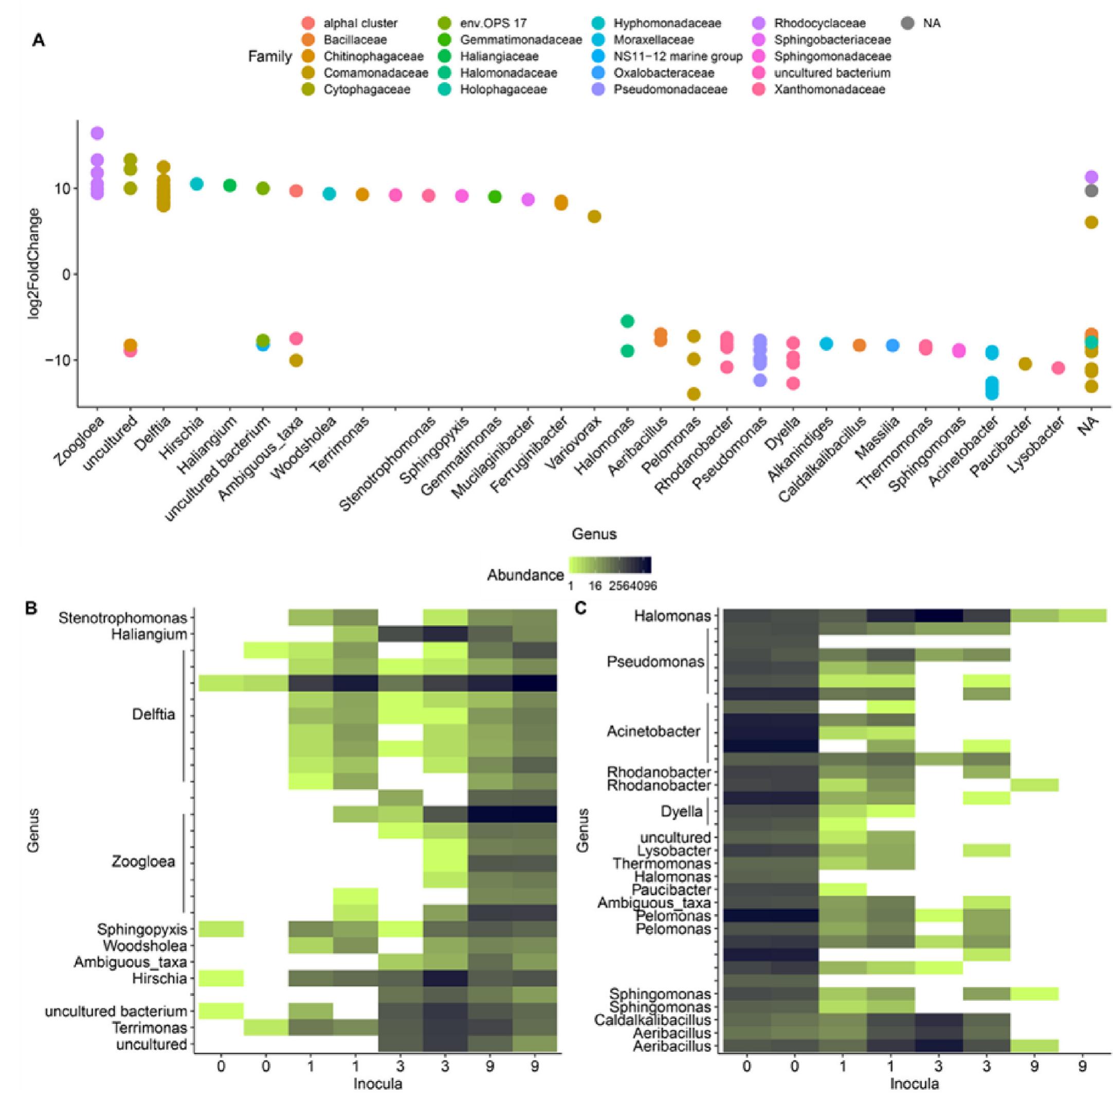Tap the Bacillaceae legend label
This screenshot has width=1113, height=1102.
coord(355,40)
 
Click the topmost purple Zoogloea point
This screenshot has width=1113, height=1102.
coord(97,133)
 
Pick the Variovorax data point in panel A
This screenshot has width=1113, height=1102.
coord(594,216)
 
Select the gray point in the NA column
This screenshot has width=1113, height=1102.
coord(1091,191)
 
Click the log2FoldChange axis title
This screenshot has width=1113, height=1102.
coord(35,263)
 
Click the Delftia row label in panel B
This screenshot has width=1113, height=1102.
coord(153,715)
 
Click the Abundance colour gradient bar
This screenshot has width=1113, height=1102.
coord(610,565)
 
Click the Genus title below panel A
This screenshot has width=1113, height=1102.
coord(594,534)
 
